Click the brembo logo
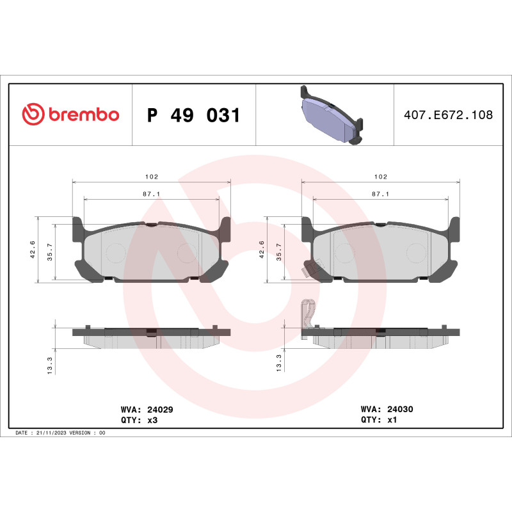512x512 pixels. tap(70, 115)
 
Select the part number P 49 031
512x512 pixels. tap(193, 116)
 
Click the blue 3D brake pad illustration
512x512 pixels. tap(330, 116)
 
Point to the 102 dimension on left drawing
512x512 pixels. tap(151, 176)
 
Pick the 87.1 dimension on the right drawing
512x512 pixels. tap(380, 193)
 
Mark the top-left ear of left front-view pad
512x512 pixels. tap(78, 225)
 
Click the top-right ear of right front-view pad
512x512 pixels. tap(454, 225)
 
